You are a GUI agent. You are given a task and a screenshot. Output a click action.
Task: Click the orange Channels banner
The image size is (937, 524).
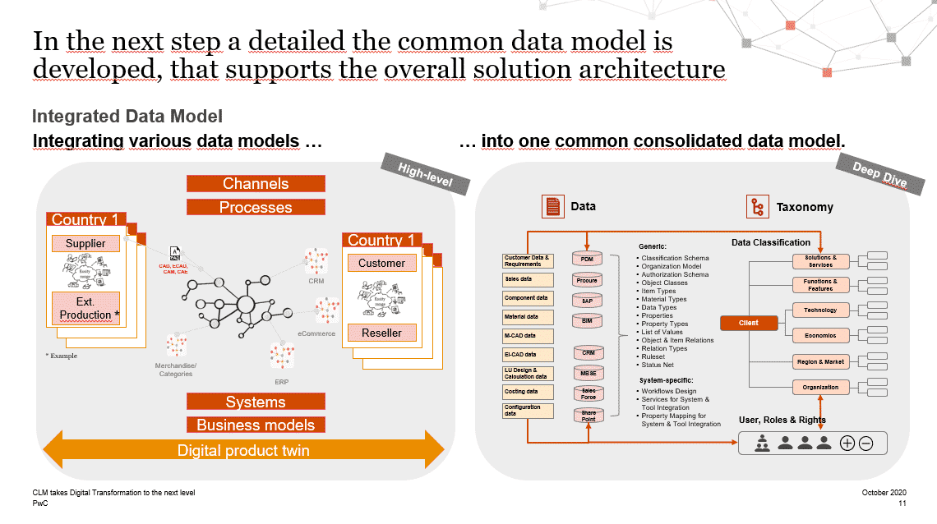256,184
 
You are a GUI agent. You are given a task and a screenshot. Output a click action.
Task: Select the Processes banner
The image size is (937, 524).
256,208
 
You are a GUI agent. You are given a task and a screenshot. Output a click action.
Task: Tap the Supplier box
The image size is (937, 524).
85,243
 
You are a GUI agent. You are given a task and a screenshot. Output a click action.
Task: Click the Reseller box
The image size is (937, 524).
381,333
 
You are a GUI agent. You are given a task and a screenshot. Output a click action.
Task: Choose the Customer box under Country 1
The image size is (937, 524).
381,263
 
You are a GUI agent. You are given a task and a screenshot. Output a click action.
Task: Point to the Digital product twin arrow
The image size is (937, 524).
243,450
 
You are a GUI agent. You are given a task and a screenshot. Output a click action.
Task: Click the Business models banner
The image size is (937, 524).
256,425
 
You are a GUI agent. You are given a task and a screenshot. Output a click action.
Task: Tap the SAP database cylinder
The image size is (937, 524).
587,301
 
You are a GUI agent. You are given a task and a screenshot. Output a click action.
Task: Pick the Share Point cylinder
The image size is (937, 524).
588,416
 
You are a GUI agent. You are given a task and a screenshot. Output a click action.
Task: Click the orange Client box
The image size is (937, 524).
748,323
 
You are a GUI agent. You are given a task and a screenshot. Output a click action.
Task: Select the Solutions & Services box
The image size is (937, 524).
820,261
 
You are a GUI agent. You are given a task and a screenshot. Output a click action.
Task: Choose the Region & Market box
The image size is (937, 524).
820,361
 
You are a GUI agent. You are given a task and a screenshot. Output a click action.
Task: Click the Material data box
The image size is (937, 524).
527,317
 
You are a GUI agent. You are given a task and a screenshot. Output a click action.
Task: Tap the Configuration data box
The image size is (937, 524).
527,411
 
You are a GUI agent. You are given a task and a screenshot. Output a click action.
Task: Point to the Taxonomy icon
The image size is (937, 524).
756,207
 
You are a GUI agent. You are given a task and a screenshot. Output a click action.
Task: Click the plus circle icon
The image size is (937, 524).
847,444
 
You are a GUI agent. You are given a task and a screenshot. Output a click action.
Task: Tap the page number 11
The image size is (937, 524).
902,503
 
